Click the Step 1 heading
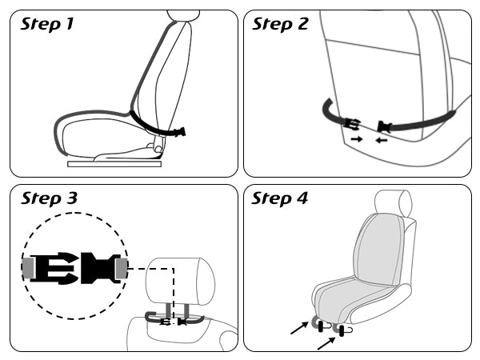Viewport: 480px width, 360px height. pos(47,24)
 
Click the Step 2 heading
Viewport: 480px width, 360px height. pos(280,24)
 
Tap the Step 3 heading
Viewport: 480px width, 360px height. pos(49,198)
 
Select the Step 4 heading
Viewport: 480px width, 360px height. pos(279,198)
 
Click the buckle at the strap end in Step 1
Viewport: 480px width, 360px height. pos(180,132)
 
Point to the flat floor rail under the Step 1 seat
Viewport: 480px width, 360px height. pos(114,164)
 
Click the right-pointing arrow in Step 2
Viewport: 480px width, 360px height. pos(357,139)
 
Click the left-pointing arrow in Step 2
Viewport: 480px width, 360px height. pos(382,140)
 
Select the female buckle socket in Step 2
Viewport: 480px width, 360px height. pos(385,126)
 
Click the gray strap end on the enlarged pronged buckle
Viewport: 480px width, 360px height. pos(28,268)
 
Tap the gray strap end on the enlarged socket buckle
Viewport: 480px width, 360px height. pos(122,268)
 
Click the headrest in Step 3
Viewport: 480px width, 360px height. pos(180,281)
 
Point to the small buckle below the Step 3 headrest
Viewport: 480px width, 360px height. pos(174,322)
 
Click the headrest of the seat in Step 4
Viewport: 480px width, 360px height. pos(394,203)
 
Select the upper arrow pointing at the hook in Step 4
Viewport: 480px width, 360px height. pos(299,328)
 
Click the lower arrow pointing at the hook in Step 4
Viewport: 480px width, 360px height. pos(326,343)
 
